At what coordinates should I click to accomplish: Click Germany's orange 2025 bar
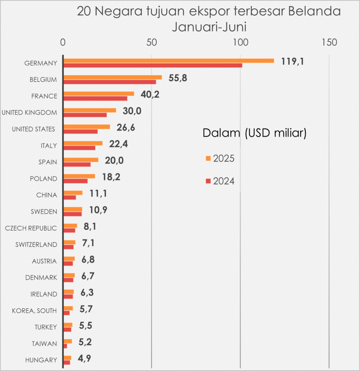(168, 61)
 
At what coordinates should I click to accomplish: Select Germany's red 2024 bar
(152, 65)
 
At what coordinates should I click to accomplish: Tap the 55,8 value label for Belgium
(178, 78)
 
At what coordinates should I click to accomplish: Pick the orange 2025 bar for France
(99, 93)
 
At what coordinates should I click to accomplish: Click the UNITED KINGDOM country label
(29, 112)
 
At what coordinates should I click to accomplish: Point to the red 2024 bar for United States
(80, 131)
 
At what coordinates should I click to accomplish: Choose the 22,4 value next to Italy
(118, 144)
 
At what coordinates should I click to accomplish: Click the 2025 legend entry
(220, 158)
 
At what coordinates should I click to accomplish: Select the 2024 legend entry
(220, 181)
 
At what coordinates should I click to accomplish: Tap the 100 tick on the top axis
(240, 42)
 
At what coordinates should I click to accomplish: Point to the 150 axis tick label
(329, 42)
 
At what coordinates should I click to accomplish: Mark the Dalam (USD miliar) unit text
(255, 133)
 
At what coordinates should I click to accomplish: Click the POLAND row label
(43, 179)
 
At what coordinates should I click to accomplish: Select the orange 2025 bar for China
(73, 193)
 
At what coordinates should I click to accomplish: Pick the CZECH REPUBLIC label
(31, 228)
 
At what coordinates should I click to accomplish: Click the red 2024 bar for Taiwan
(65, 346)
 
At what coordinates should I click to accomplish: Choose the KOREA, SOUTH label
(34, 310)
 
